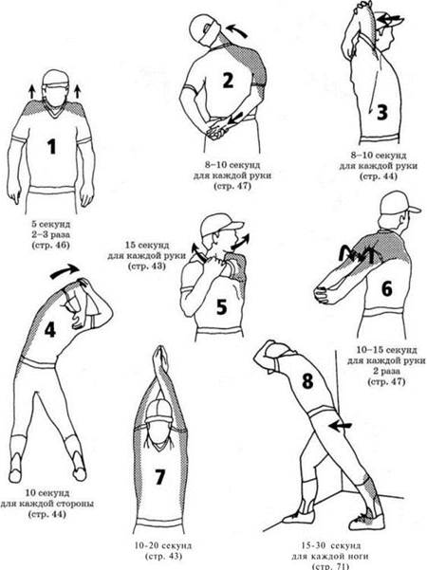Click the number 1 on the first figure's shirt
tap(52, 146)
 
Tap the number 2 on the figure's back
tap(228, 81)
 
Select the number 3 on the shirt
tap(381, 112)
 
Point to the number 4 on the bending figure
tap(50, 330)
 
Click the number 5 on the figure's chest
tap(221, 306)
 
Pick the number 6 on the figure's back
tap(386, 289)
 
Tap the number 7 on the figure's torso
tap(159, 476)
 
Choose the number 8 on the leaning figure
tap(307, 380)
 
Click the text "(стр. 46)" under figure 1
tap(50, 245)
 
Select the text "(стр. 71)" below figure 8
tap(330, 566)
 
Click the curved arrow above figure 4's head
tap(65, 271)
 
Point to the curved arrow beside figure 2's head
tap(236, 29)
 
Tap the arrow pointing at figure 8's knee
tap(340, 426)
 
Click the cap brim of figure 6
tap(414, 210)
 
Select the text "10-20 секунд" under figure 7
tap(162, 545)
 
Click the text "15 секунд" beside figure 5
tap(147, 245)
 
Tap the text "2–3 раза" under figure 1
tap(50, 234)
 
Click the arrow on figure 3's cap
tap(391, 17)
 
